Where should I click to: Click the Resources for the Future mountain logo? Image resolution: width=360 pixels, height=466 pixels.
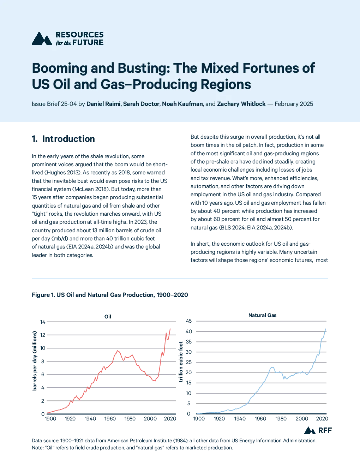click(x=42, y=38)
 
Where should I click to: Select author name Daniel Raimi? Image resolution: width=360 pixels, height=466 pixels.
click(x=103, y=104)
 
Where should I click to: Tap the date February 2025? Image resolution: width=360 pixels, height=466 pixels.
click(x=294, y=104)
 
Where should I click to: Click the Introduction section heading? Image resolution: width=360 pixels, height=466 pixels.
click(x=63, y=139)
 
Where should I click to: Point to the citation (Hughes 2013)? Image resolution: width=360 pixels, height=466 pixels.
click(x=62, y=173)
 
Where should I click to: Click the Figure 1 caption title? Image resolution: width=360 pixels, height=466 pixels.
click(x=110, y=295)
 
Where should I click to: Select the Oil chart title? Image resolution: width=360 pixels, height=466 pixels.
click(x=108, y=317)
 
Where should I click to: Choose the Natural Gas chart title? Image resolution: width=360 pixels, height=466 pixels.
click(x=262, y=315)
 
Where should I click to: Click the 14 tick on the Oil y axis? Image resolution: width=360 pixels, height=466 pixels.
click(x=43, y=322)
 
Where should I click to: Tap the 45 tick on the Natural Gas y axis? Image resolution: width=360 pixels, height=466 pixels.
click(x=189, y=321)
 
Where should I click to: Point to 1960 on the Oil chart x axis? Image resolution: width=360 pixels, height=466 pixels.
click(x=110, y=419)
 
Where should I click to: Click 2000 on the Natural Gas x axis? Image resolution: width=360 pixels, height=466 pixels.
click(x=302, y=419)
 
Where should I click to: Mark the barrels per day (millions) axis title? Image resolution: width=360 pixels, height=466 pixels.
click(x=34, y=361)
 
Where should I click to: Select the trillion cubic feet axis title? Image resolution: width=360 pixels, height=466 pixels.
click(x=181, y=362)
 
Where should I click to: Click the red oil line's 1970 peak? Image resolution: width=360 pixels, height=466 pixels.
click(x=117, y=351)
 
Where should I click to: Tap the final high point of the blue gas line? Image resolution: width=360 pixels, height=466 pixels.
click(x=325, y=329)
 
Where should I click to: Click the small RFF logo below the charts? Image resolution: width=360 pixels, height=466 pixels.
click(x=318, y=430)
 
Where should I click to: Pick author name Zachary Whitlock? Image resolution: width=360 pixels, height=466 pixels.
click(x=241, y=104)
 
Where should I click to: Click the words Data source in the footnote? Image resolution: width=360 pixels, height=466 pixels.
click(x=45, y=441)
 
